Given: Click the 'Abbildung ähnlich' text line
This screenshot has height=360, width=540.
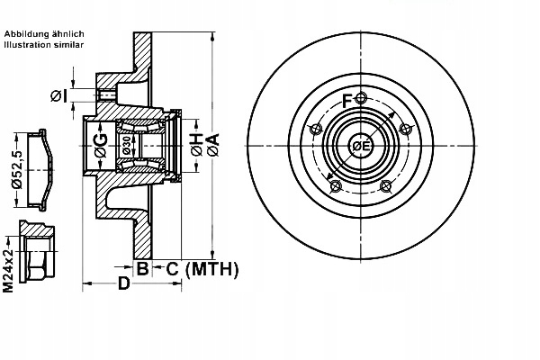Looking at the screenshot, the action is point(44,32).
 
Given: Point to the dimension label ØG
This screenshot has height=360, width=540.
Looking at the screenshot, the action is point(101,142).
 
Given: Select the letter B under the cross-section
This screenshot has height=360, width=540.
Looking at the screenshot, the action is point(142,267).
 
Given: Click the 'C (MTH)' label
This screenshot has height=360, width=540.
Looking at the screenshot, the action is point(202,267).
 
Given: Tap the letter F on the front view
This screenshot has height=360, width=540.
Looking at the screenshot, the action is point(347,99).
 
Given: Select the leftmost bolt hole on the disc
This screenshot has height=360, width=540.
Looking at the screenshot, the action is point(314,131).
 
